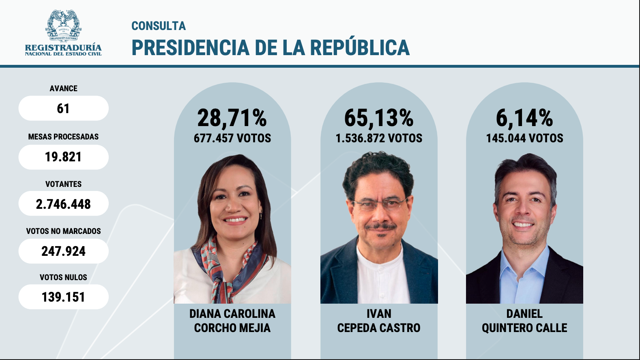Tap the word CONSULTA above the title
[159, 26]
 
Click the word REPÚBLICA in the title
[360, 47]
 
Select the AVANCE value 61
[63, 109]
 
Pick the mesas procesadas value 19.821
[63, 157]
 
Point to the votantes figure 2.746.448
[63, 204]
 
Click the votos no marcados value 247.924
[63, 251]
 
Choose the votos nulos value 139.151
[63, 297]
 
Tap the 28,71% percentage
[232, 118]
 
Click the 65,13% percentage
[379, 118]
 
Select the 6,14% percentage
[524, 118]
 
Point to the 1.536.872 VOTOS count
[379, 138]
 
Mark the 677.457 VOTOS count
[232, 138]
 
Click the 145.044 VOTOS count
[524, 138]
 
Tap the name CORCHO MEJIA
[232, 328]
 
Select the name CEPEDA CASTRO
[379, 328]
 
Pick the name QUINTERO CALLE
[524, 328]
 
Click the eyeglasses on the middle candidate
[379, 203]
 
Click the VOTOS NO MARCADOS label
[63, 231]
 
